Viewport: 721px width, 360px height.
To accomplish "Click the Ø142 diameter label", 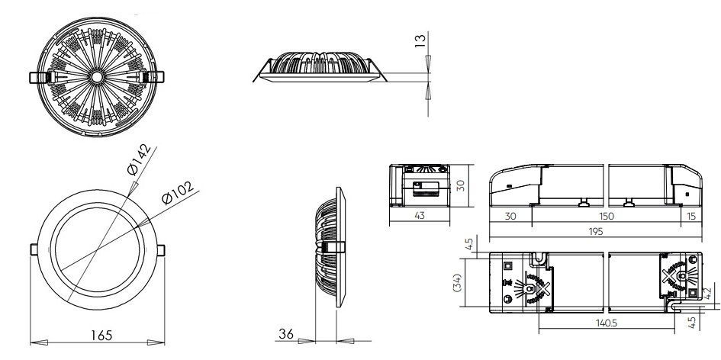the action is (139, 159).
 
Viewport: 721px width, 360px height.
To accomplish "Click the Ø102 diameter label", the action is (178, 192).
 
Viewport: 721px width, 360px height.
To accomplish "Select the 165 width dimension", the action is (101, 335).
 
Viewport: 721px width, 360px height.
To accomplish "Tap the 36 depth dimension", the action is (286, 333).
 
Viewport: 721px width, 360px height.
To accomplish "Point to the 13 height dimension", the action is (420, 40).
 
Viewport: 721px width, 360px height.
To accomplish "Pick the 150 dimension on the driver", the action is (607, 216).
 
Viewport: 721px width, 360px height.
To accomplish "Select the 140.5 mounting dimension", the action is (607, 323).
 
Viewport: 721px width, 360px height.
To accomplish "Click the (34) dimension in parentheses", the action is (458, 282).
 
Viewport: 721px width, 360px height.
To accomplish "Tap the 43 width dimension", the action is (420, 215).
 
